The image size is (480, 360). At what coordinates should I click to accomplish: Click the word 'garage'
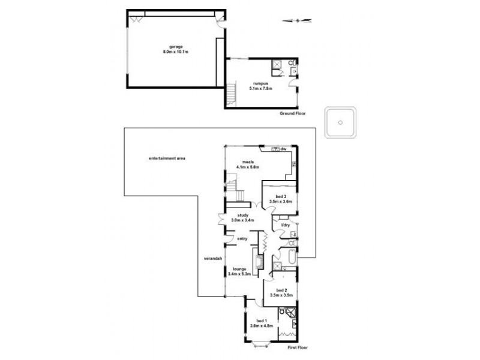click(176, 47)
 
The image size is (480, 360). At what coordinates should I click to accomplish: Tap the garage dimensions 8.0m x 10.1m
click(176, 52)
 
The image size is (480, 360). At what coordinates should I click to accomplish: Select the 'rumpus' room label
click(260, 84)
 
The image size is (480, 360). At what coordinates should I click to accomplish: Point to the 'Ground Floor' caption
click(292, 113)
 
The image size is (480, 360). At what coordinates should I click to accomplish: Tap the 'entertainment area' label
click(167, 158)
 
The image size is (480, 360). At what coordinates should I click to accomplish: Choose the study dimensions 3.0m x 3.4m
click(243, 220)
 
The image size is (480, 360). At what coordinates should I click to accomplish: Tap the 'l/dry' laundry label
click(286, 225)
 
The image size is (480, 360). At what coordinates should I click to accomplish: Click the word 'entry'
click(242, 239)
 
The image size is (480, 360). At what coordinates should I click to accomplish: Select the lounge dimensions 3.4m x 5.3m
click(240, 274)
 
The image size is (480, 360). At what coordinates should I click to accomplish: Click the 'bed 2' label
click(281, 290)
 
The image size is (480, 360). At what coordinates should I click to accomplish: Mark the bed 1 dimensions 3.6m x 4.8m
click(261, 326)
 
